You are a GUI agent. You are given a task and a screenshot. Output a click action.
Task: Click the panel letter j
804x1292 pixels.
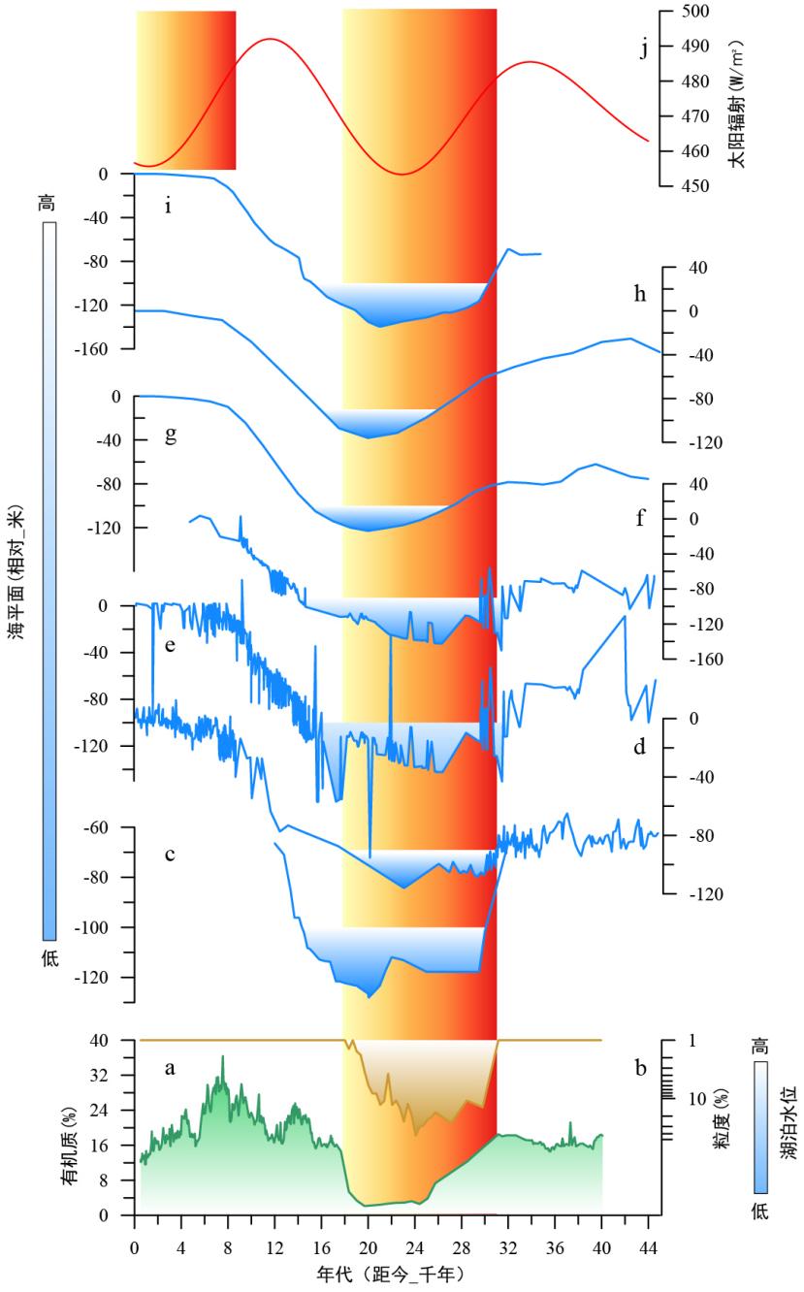click(645, 48)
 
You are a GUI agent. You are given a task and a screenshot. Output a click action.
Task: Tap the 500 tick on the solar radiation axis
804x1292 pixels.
click(695, 12)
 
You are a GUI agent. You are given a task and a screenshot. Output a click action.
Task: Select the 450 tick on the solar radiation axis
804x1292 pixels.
click(695, 184)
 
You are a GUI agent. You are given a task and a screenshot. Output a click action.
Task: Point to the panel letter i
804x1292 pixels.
click(168, 207)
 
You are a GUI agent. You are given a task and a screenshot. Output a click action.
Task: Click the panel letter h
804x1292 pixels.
click(640, 294)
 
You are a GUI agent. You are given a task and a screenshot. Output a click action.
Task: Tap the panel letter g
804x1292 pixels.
click(171, 435)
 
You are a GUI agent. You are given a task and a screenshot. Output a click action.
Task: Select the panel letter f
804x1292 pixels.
click(641, 518)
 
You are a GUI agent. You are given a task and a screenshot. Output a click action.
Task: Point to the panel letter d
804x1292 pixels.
click(640, 748)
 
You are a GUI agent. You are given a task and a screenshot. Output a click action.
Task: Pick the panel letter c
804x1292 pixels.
click(170, 854)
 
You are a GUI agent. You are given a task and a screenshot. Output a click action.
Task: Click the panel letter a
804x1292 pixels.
click(170, 1069)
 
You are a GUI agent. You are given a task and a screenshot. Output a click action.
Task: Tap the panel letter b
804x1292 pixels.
click(640, 1069)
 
